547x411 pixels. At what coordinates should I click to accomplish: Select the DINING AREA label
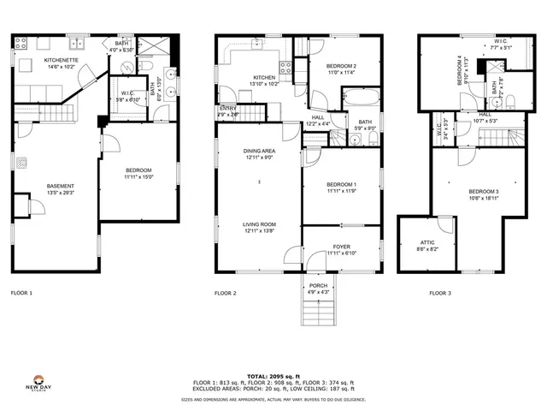click(x=258, y=152)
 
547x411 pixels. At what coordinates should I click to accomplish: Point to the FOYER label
click(x=342, y=247)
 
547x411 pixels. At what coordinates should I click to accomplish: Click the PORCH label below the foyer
click(x=318, y=286)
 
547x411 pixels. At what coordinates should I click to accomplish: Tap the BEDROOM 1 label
click(x=342, y=185)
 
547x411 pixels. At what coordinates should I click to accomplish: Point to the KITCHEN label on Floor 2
click(x=240, y=78)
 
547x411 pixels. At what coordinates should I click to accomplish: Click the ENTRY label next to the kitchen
click(x=227, y=108)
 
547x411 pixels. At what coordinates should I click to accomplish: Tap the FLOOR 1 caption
click(x=21, y=293)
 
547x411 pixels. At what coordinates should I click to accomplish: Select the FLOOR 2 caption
click(x=225, y=293)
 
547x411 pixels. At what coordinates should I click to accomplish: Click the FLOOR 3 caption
click(x=441, y=293)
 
